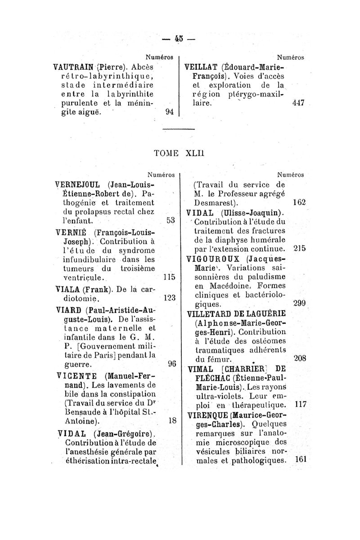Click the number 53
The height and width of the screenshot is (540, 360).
pos(170,220)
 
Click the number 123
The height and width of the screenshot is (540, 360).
pos(169,298)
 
